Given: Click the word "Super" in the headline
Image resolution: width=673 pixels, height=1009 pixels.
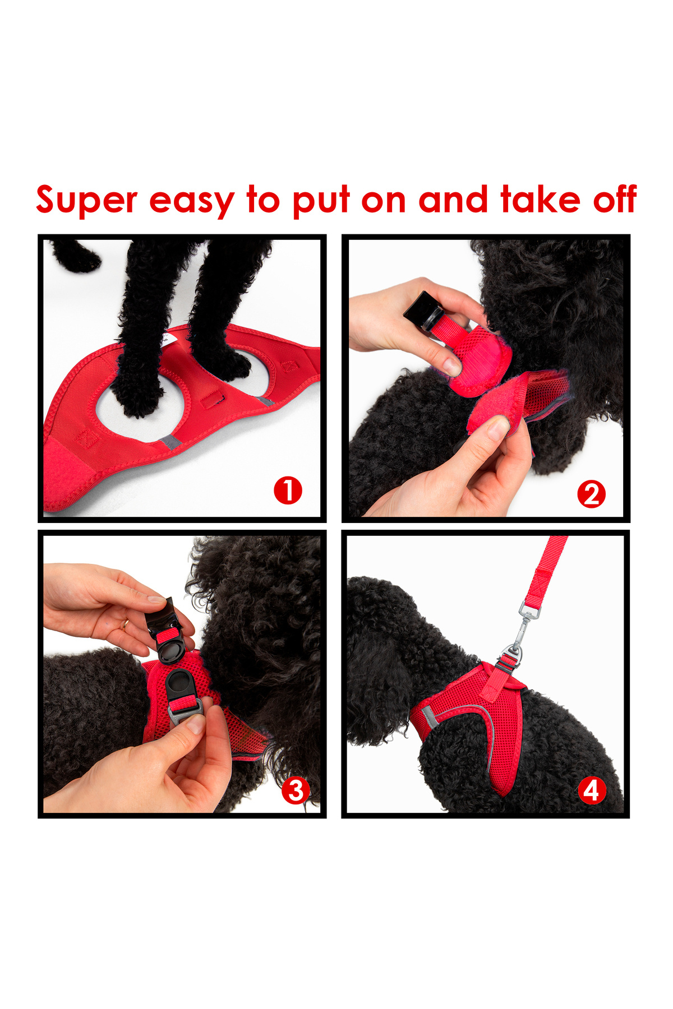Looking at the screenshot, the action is pyautogui.click(x=87, y=201).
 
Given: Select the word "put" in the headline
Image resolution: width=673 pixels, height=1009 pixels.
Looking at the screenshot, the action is pyautogui.click(x=322, y=202).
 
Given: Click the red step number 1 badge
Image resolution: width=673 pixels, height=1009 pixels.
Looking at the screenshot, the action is pyautogui.click(x=288, y=490).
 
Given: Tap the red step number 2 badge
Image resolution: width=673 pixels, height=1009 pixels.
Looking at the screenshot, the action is pyautogui.click(x=591, y=494).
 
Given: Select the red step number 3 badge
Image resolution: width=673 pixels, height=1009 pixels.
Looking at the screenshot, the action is pyautogui.click(x=296, y=790).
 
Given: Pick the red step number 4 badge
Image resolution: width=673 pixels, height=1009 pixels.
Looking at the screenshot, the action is pyautogui.click(x=592, y=790).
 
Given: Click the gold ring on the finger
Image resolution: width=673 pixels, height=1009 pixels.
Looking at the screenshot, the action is pyautogui.click(x=125, y=624).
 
